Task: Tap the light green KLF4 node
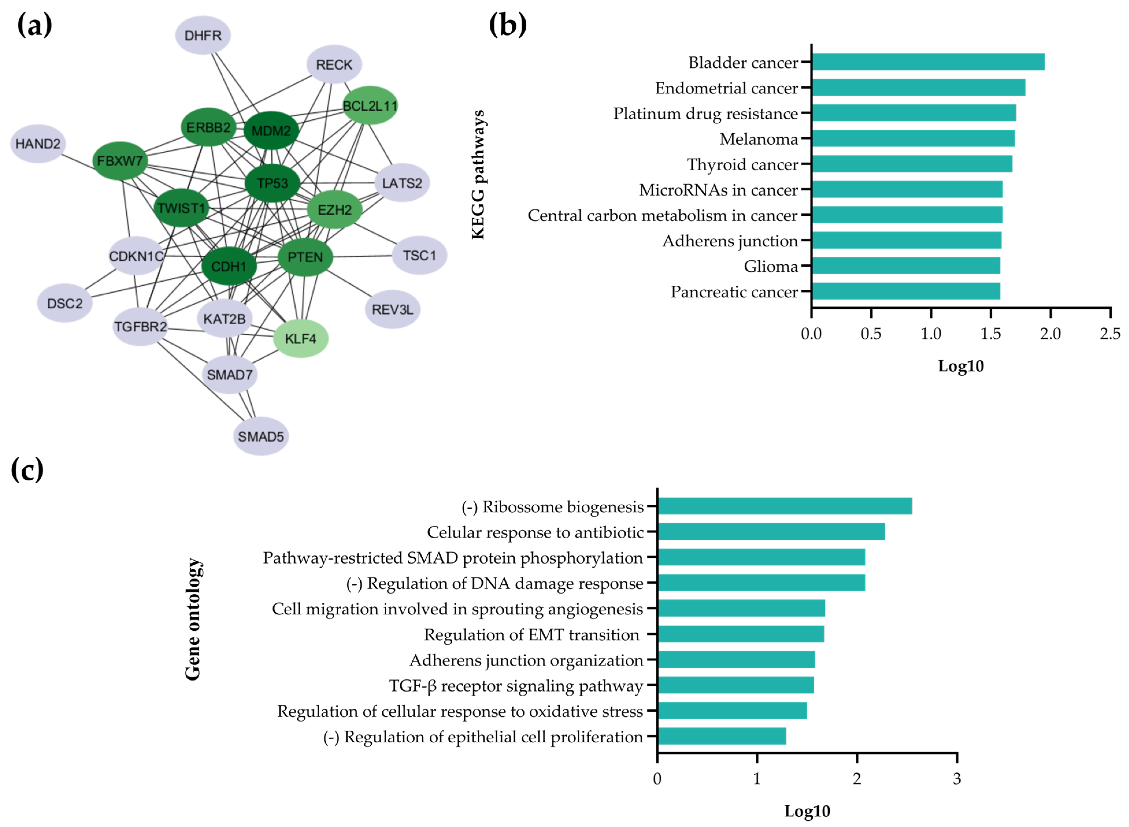301,339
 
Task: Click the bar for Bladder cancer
928,62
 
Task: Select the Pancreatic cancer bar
905,291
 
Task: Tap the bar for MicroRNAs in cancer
907,190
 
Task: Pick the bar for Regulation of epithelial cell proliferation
722,736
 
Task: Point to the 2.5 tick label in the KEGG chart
1109,334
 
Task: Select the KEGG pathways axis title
478,175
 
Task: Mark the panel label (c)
27,470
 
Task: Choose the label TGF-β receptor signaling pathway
516,686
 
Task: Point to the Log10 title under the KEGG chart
960,366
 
